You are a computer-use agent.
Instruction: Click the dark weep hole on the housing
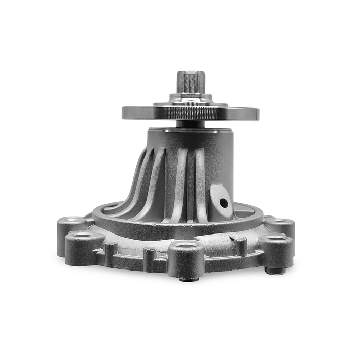tap(224, 203)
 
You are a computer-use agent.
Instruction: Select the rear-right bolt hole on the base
tap(280, 222)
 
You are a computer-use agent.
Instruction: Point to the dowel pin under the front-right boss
tap(273, 270)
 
